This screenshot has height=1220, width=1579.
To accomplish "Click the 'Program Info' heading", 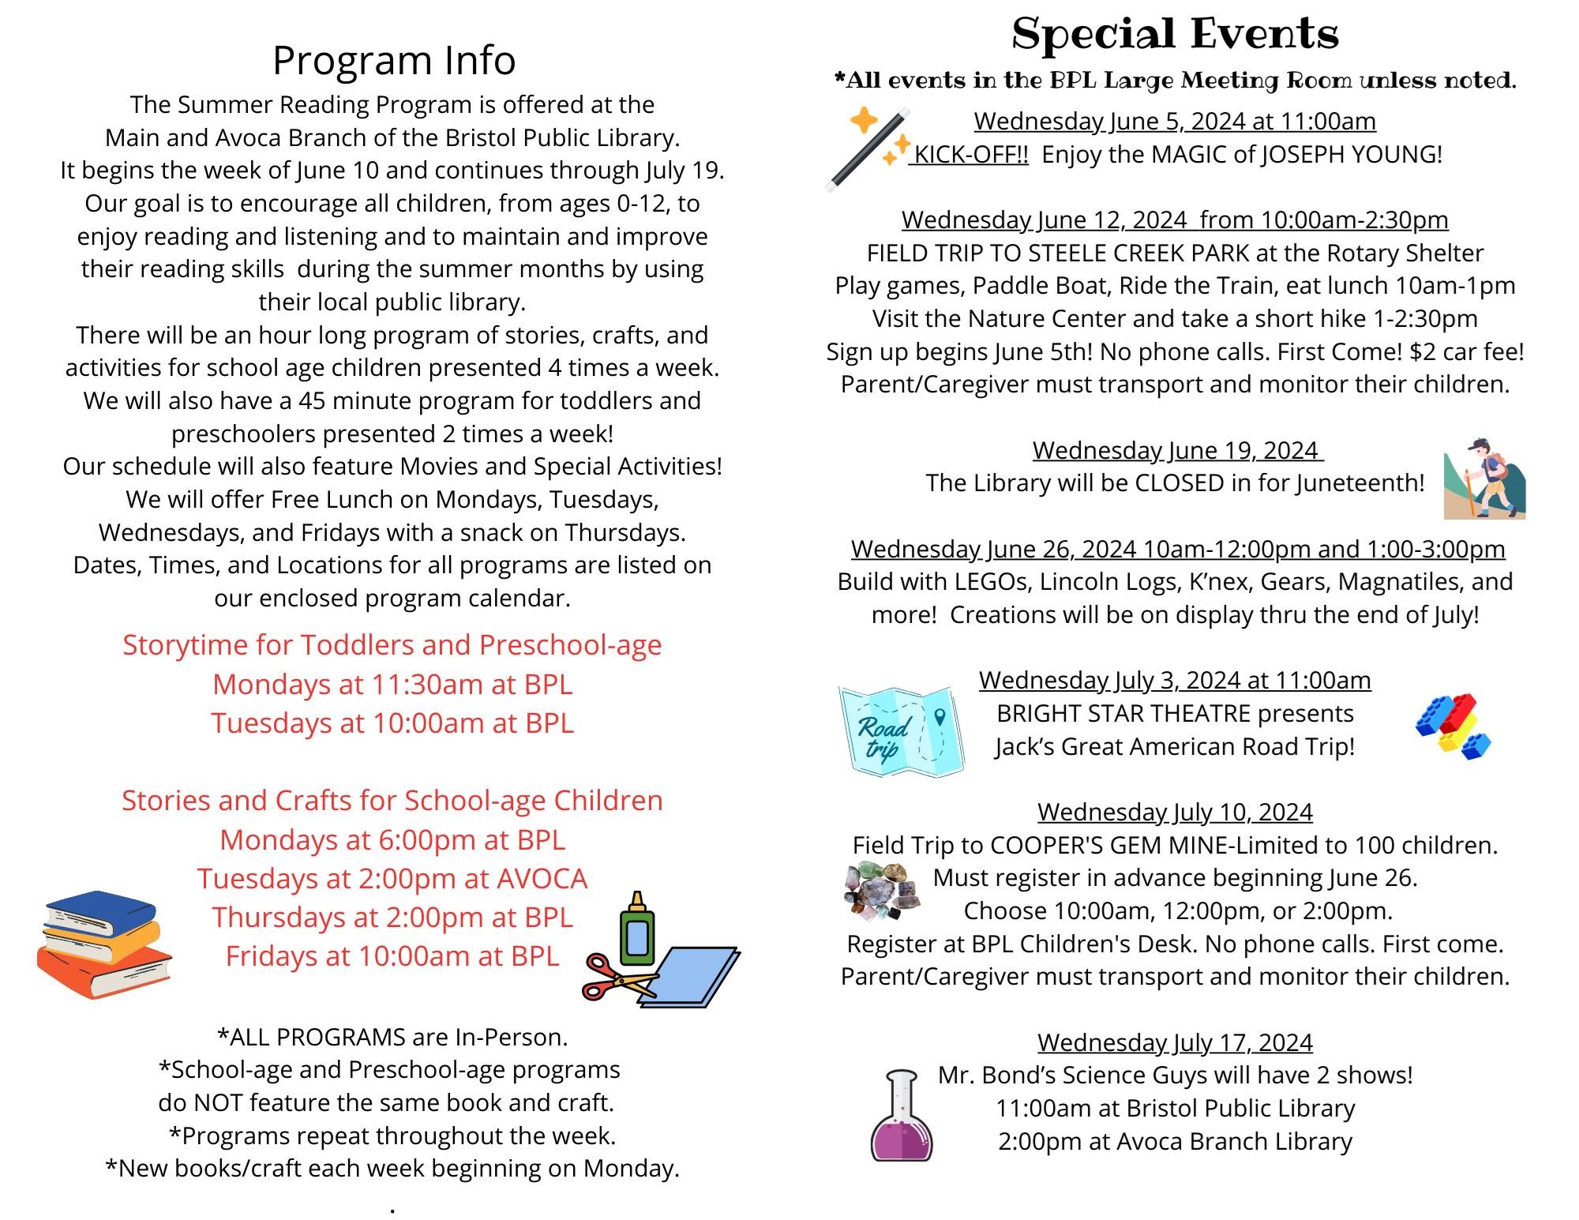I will pos(393,61).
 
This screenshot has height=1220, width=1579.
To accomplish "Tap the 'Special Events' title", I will pos(1175,35).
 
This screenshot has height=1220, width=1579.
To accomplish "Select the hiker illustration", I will pos(1483,479).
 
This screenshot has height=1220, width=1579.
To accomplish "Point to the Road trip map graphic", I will pos(900,731).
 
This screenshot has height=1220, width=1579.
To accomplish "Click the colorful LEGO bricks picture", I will pos(1453,726).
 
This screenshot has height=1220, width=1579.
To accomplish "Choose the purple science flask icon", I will pos(901,1116).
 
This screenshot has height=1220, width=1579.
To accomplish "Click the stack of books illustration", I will pos(104,944).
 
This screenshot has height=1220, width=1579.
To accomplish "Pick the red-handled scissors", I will pos(618,977).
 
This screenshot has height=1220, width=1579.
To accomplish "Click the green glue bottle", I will pos(637,929).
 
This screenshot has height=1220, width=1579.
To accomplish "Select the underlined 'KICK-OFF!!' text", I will pos(970,155).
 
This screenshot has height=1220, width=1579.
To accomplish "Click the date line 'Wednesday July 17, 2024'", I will pos(1175,1042).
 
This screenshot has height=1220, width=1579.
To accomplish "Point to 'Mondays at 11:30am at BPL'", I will pos(392,684).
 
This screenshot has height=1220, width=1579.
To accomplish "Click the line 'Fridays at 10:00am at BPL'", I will pos(392,956).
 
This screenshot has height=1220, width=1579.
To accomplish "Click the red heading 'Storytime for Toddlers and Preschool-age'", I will pos(392,645).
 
